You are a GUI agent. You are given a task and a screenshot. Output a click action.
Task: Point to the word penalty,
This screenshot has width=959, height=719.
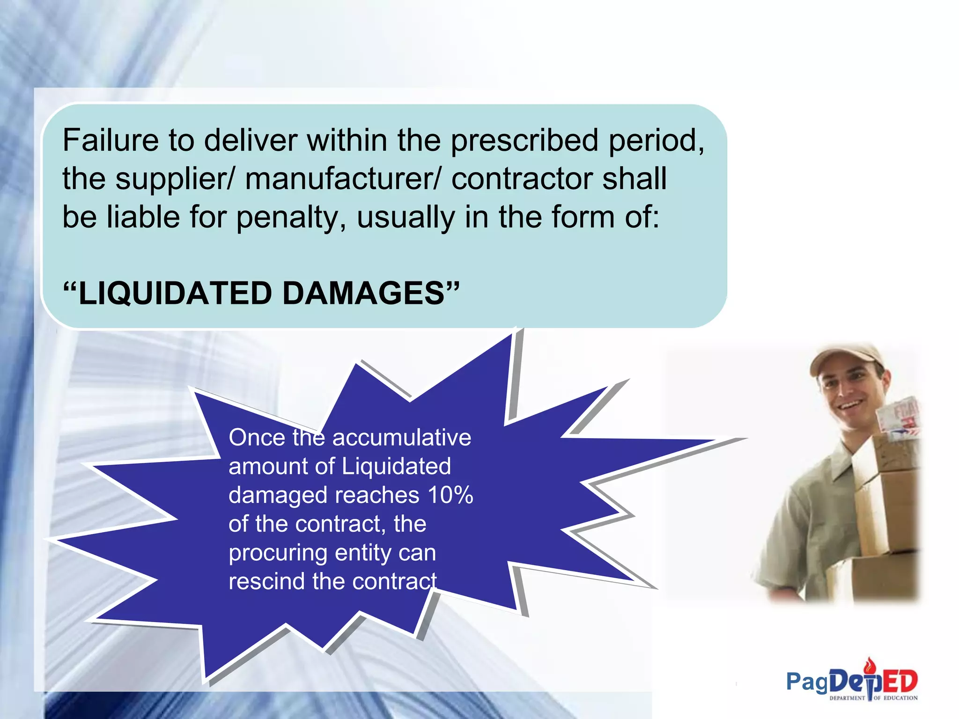pos(291,218)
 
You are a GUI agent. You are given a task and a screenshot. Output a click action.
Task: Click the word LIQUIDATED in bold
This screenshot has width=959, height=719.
pos(176,294)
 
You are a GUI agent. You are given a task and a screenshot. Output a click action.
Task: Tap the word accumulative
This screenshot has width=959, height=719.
pos(401,438)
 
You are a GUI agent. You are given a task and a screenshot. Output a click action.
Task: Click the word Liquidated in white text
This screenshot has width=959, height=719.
pos(396,467)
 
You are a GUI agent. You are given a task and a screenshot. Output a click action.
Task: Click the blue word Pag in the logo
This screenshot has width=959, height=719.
pos(806,682)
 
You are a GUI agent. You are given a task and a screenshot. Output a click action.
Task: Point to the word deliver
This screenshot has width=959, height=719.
pos(251,140)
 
